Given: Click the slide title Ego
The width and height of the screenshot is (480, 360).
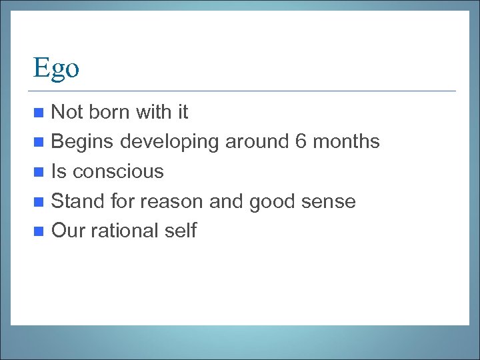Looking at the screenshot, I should click(x=56, y=68).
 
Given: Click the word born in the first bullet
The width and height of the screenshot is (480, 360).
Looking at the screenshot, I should click(x=109, y=112).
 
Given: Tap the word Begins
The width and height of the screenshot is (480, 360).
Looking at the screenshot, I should click(x=83, y=142).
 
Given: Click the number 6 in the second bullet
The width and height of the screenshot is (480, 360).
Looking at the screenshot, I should click(x=301, y=141).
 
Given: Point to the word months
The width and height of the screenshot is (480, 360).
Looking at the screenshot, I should click(x=347, y=141).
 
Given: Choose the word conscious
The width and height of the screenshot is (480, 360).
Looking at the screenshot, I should click(x=118, y=171).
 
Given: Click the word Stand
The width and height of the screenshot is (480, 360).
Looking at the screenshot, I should click(x=75, y=201).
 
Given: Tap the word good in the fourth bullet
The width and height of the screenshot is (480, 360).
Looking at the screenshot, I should click(x=275, y=201).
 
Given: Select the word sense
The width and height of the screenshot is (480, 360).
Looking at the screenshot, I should click(x=331, y=201).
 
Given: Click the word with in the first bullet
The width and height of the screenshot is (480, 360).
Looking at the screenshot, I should click(x=154, y=112).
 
